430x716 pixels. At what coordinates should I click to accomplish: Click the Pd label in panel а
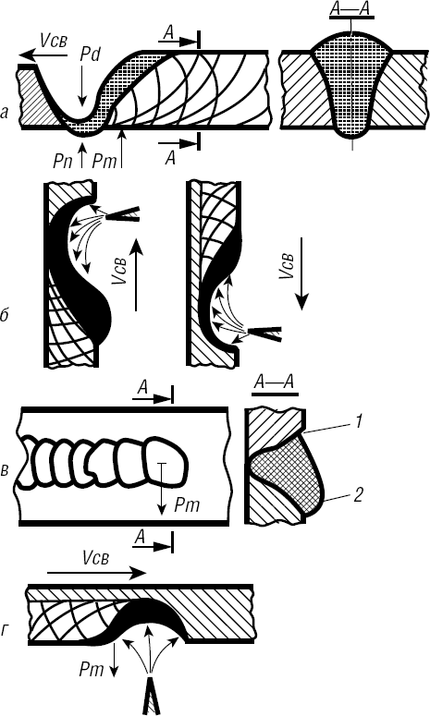(90, 55)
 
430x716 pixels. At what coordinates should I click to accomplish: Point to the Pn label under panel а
(62, 161)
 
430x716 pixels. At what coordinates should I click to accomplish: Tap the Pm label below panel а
(104, 161)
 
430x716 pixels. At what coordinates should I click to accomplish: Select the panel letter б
(5, 315)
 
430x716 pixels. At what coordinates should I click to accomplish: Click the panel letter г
(6, 632)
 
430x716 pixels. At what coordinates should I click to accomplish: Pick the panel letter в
(5, 470)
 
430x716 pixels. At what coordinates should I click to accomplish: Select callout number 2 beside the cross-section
(357, 495)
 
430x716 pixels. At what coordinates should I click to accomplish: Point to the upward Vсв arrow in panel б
(136, 276)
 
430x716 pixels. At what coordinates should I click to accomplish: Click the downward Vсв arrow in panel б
(301, 279)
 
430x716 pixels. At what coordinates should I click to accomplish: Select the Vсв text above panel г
(96, 557)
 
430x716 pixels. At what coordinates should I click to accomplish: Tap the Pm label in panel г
(92, 670)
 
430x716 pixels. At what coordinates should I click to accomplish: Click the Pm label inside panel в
(188, 505)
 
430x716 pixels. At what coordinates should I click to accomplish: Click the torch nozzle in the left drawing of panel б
(122, 213)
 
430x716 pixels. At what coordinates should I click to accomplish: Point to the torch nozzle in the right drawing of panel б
(264, 334)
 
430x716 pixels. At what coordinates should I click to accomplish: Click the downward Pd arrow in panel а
(81, 85)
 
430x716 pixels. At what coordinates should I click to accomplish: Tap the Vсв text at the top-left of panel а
(54, 40)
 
